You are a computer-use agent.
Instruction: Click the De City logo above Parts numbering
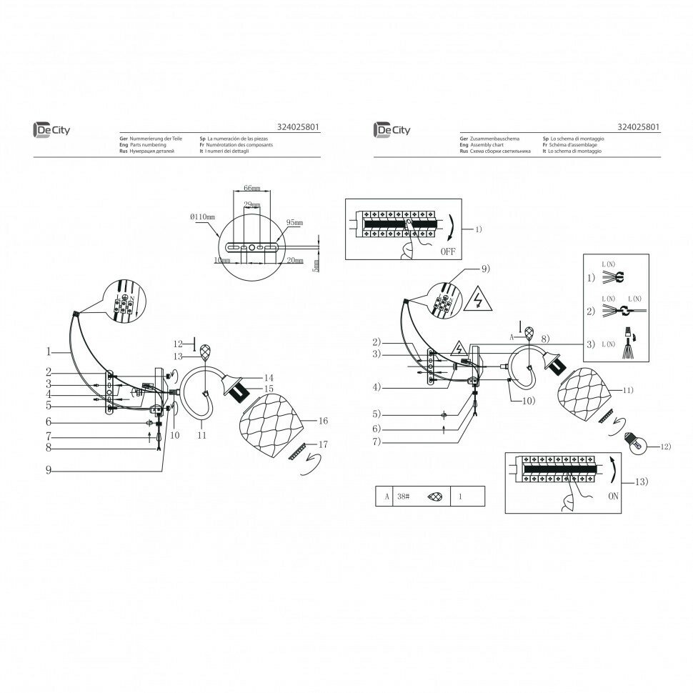(x=52, y=129)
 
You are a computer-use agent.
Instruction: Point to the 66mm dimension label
(x=251, y=188)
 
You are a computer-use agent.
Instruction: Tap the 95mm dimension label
(x=294, y=223)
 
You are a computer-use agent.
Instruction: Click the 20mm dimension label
(x=293, y=261)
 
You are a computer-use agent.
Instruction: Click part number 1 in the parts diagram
(x=48, y=352)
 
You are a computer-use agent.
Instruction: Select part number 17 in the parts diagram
(x=323, y=444)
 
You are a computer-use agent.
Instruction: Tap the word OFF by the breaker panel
(x=447, y=251)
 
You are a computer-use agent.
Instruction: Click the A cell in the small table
(x=387, y=496)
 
